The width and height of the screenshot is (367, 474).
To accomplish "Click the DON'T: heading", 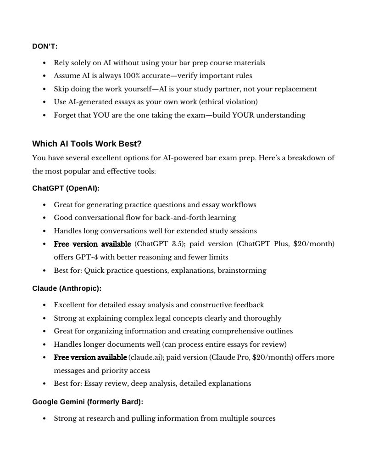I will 44,46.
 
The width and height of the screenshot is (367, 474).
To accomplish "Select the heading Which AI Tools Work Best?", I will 87,144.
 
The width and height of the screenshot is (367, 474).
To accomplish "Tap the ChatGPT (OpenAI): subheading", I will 66,188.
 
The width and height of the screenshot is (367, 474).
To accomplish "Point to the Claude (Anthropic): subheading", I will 67,288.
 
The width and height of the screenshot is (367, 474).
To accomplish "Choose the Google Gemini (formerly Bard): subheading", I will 88,402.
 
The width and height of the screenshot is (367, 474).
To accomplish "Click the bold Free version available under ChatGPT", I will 92,244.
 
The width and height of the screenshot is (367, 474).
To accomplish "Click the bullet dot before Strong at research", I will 44,419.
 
